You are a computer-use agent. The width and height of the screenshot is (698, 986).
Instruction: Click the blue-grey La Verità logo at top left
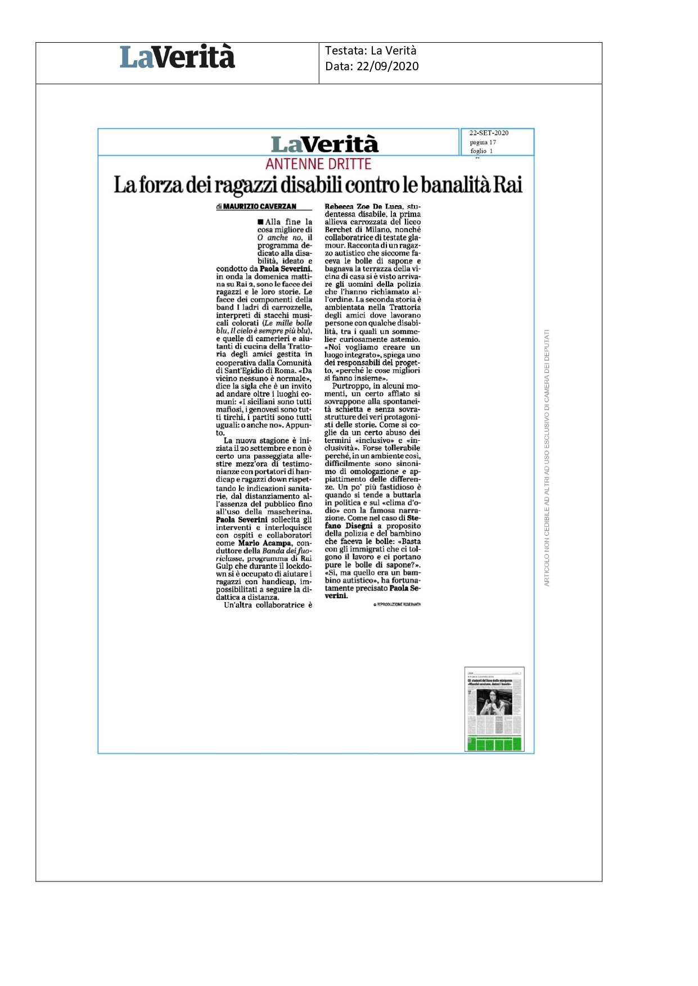point(177,57)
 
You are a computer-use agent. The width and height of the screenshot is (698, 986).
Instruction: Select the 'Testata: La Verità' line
point(371,51)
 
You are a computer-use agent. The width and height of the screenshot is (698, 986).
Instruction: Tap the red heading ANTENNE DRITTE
point(318,164)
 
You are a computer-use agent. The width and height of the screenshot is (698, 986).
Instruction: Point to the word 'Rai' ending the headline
point(508,185)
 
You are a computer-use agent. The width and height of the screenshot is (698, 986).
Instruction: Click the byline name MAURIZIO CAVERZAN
point(259,207)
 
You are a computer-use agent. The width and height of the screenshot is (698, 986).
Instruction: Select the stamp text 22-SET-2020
point(489,133)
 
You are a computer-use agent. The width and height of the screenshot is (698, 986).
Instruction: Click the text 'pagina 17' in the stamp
point(483,142)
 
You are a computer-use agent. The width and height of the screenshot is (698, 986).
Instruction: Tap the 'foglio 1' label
point(481,151)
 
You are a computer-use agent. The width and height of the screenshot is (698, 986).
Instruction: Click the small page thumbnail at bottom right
point(494,709)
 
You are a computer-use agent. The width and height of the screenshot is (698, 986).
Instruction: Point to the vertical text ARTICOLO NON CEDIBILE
point(547,458)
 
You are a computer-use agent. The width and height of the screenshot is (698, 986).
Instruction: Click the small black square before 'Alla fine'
point(260,221)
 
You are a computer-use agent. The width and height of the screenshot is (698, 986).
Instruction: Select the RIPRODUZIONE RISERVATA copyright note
point(397,604)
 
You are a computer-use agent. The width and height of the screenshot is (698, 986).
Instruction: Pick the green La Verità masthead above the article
point(325,144)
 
